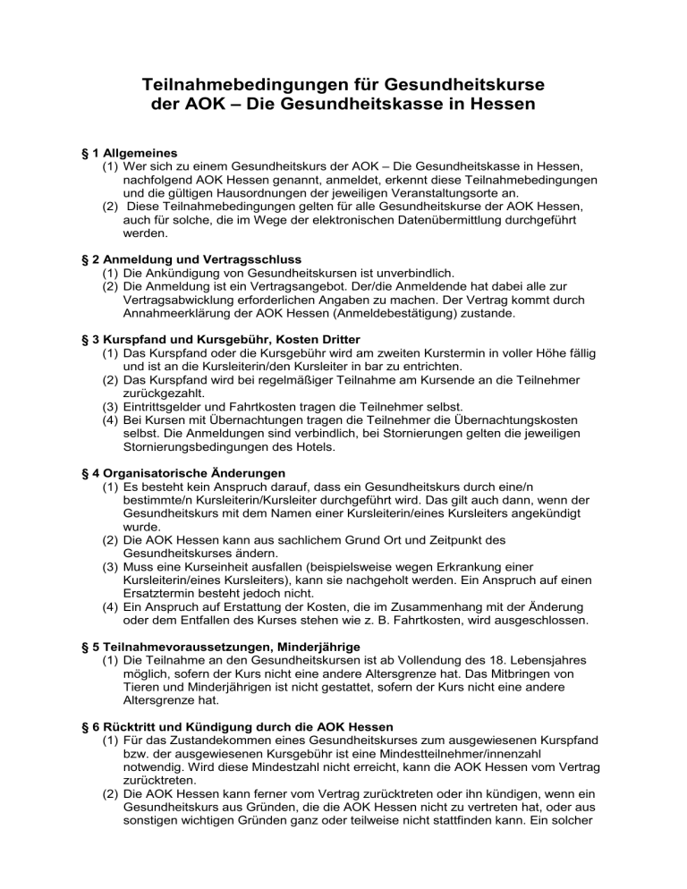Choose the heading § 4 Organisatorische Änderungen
tap(183, 472)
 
